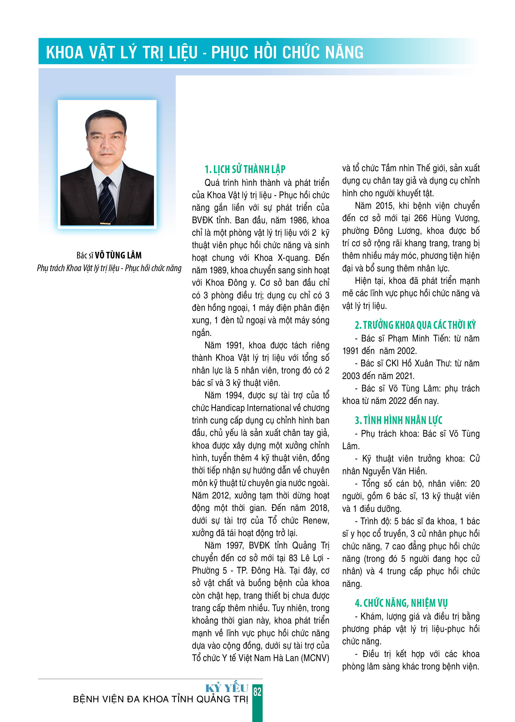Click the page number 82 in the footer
(257, 692)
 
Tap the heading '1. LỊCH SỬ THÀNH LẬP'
(245, 169)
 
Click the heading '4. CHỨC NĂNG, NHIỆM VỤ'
(401, 603)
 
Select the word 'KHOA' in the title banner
(65, 53)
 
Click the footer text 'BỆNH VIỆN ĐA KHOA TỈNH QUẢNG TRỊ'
(160, 699)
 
